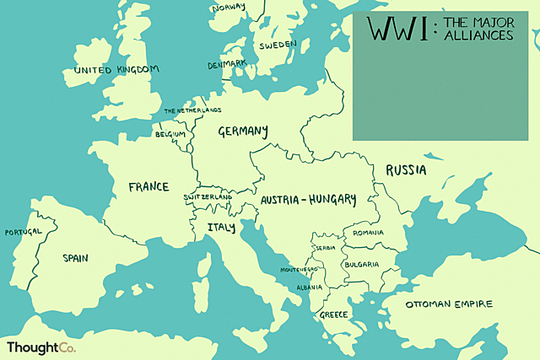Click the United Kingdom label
(116, 70)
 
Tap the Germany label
(243, 132)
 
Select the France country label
(148, 187)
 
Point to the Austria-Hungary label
(308, 201)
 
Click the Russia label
(406, 170)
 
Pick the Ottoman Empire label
(449, 304)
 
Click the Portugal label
(23, 232)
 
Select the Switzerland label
(208, 197)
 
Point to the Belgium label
(170, 134)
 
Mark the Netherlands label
(192, 110)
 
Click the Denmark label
(227, 64)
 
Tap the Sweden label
(278, 46)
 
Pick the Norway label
(228, 8)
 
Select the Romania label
(369, 233)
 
